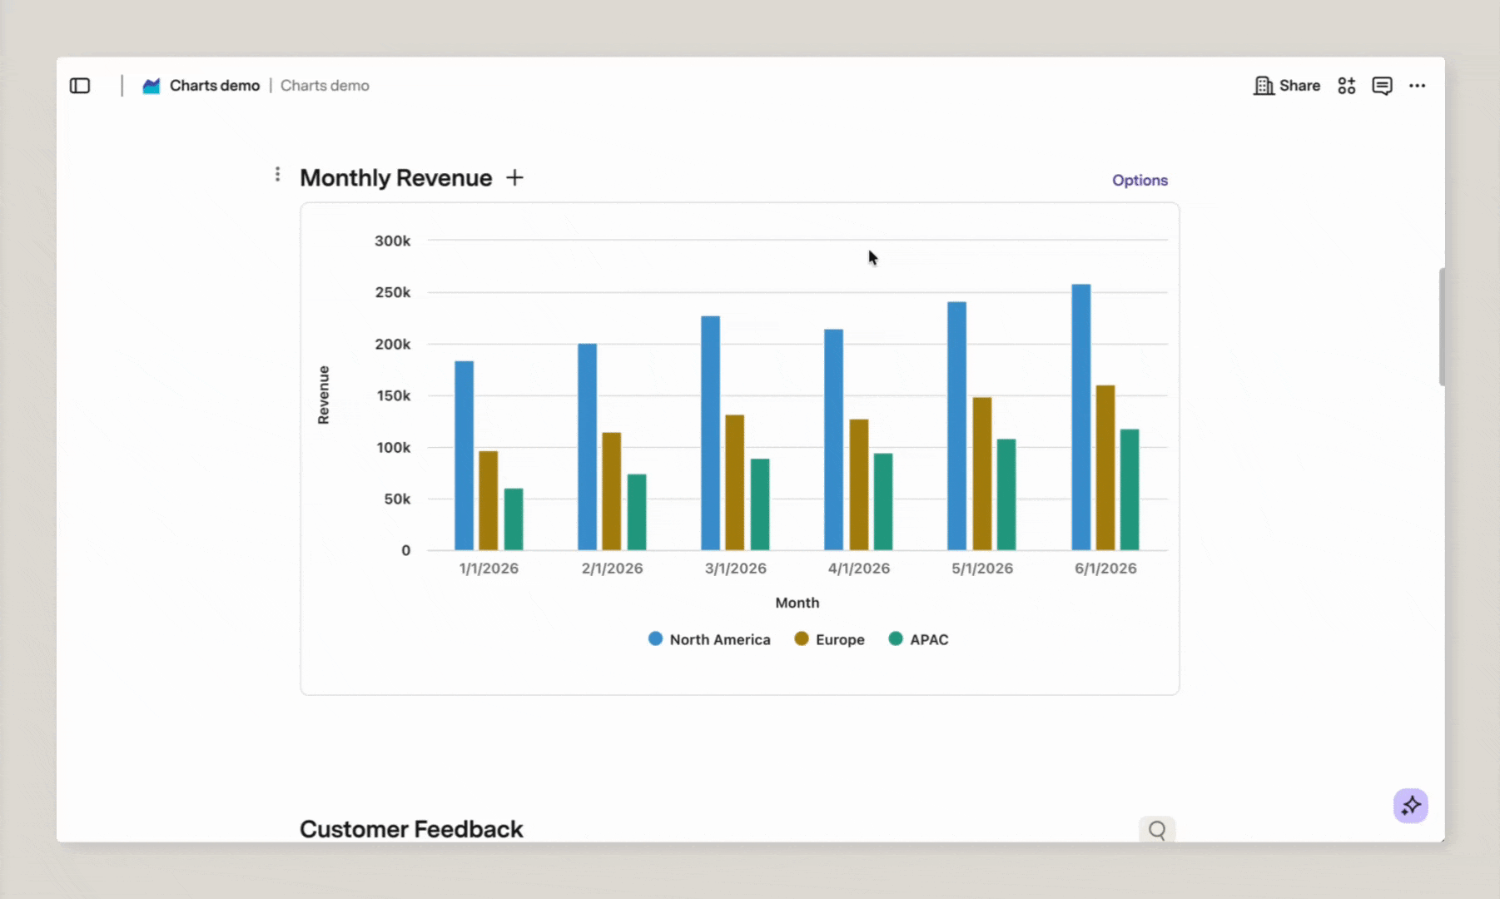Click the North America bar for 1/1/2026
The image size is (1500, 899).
tap(464, 455)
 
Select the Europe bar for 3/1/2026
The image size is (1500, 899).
tap(735, 483)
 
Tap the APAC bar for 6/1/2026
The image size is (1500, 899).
tap(1130, 489)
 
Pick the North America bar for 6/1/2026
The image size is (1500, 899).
tap(1081, 417)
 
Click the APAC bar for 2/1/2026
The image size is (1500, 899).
tap(637, 512)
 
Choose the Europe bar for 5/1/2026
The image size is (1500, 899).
tap(982, 474)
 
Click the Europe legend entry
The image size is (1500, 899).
tap(830, 639)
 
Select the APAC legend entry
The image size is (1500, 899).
tap(919, 639)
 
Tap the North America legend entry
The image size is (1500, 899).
tap(709, 639)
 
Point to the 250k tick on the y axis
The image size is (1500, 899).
tap(393, 292)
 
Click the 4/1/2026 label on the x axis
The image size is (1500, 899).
tap(859, 569)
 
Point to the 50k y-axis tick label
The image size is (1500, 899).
tap(397, 499)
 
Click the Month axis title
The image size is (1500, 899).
tap(797, 603)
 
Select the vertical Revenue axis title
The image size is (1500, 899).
tap(324, 395)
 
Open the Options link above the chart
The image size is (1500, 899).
tap(1140, 181)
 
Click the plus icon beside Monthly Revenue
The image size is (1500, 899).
tap(515, 177)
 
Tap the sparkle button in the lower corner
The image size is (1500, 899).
tap(1411, 806)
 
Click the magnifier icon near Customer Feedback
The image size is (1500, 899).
tap(1157, 830)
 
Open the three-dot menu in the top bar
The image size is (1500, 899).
tap(1418, 86)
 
